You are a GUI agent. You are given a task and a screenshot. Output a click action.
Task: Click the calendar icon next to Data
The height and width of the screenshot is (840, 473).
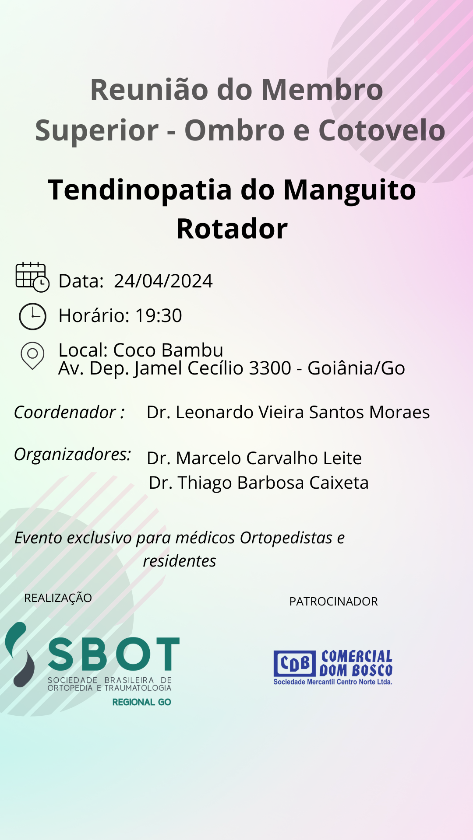coord(32,277)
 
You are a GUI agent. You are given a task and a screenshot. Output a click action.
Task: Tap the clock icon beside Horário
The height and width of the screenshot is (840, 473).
coord(32,316)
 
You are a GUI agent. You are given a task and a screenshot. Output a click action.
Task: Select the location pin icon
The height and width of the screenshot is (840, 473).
coord(32,356)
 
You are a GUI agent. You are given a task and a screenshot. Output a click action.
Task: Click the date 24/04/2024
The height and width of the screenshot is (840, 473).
coord(163,281)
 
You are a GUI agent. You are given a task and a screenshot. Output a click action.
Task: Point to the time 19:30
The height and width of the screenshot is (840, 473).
coord(159,315)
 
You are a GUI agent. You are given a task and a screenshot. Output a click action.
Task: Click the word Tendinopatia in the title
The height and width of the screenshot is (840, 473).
coord(140,190)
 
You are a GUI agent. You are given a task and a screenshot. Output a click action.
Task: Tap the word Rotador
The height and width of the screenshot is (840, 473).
coord(232,229)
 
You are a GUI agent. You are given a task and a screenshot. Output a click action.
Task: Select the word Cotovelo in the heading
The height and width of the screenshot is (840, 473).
coord(382,130)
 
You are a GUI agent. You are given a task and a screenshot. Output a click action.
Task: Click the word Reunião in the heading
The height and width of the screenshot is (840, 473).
coord(149,90)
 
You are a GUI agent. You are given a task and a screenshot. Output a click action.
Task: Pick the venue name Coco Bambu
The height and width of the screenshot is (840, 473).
coord(168,350)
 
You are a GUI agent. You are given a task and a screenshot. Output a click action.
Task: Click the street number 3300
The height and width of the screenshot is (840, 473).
coord(270,368)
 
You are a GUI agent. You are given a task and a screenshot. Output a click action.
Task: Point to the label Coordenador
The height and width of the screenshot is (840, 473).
coord(65,413)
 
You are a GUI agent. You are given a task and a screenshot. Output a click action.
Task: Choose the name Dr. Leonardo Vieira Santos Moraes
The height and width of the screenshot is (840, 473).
coord(288,413)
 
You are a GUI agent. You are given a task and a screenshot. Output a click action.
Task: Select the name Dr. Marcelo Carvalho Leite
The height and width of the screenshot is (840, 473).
coord(254,458)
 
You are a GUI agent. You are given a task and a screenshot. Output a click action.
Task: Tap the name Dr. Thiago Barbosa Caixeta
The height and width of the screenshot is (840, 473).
coord(259,483)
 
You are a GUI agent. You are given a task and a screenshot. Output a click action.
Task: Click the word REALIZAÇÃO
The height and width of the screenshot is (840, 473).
coord(58,598)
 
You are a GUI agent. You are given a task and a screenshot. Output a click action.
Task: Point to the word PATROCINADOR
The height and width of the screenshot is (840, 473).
coord(334,602)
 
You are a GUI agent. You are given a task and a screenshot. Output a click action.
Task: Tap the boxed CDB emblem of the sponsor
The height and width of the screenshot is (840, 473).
coord(295,663)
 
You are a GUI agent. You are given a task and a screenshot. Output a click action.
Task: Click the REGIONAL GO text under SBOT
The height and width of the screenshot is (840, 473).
coord(142,702)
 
